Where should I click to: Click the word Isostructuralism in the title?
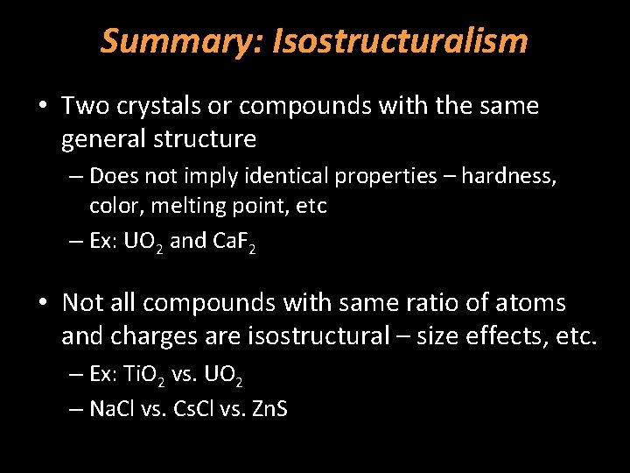tap(401, 40)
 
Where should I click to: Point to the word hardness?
tap(509, 176)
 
